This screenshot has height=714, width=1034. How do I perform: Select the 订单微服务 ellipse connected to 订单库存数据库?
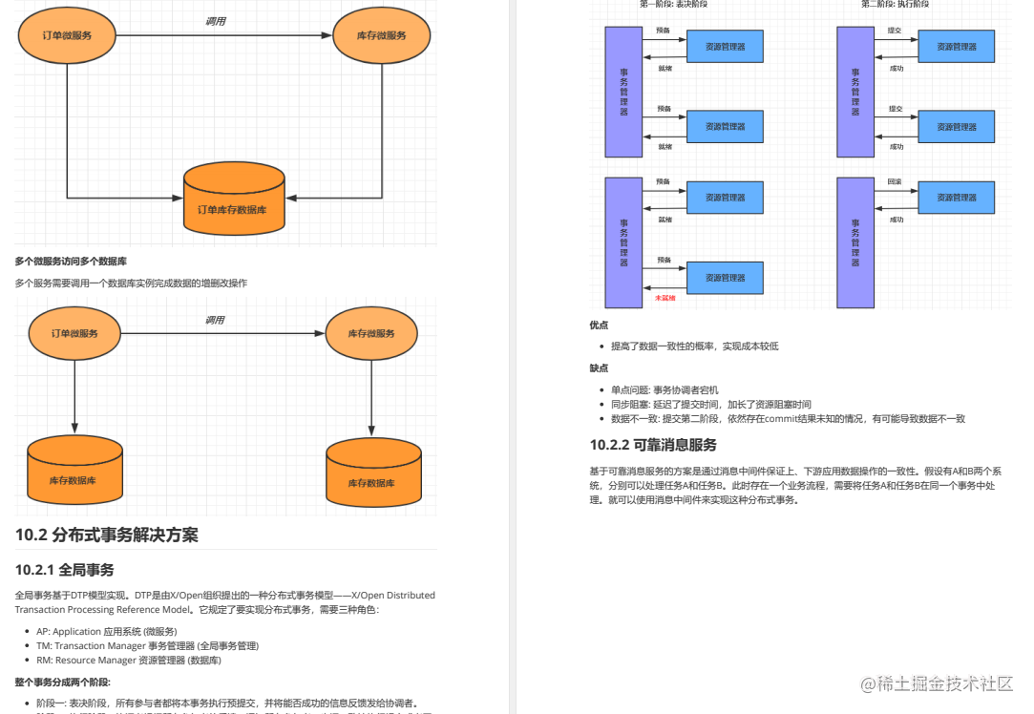[67, 35]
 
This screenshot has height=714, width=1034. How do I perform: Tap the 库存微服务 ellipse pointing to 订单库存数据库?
[381, 35]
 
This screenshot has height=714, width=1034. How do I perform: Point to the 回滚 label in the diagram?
[895, 181]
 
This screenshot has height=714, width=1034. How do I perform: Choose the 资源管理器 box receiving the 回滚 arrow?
[957, 198]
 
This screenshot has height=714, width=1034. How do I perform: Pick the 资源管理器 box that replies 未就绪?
[725, 278]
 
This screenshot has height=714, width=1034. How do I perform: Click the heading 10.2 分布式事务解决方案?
[107, 535]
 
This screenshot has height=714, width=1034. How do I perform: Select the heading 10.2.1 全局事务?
[65, 570]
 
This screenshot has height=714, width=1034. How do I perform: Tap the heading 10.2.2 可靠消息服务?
[653, 445]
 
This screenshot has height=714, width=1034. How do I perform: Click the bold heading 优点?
[600, 325]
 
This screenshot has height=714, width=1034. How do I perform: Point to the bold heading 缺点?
[600, 367]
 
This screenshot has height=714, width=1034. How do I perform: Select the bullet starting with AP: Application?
[106, 632]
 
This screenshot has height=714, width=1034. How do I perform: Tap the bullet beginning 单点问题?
[665, 389]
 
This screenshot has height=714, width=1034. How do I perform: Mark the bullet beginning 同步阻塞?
[710, 404]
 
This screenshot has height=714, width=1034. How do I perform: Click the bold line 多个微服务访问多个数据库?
[71, 261]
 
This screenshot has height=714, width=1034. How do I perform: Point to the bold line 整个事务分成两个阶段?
[63, 682]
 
